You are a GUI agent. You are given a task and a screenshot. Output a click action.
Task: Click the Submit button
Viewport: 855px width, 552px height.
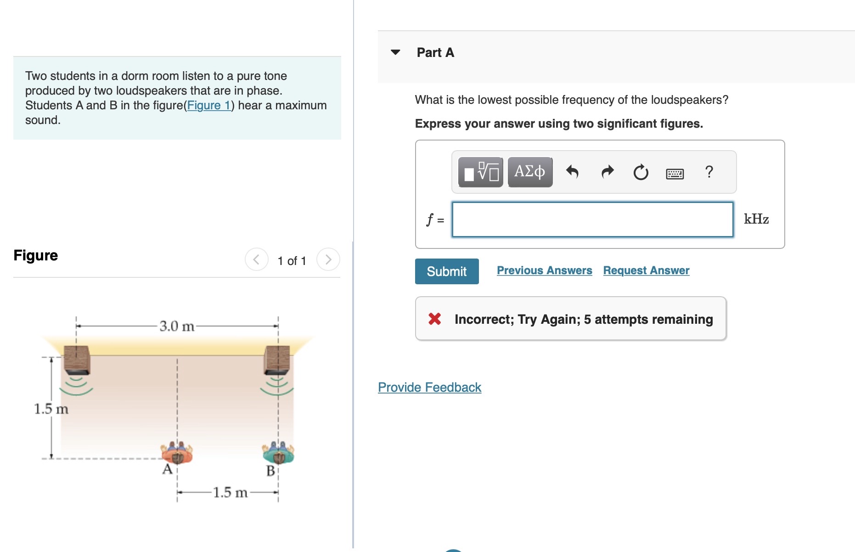[x=446, y=271]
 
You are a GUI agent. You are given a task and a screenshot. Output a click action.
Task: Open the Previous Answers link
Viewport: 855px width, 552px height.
[x=544, y=270]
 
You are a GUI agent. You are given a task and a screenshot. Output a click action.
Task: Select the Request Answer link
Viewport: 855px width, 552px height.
[x=646, y=270]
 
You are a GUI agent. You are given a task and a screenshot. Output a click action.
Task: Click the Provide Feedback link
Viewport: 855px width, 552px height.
[x=429, y=387]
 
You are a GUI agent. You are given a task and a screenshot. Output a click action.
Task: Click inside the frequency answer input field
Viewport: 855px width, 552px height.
[x=592, y=220]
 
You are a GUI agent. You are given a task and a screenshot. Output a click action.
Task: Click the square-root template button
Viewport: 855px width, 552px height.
[x=481, y=172]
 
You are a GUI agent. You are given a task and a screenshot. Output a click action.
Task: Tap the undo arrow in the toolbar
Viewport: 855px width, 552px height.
[x=572, y=172]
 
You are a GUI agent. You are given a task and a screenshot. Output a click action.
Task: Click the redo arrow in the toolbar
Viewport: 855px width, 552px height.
[x=607, y=172]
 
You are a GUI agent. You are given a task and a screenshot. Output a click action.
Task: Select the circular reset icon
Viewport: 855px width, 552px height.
[x=641, y=172]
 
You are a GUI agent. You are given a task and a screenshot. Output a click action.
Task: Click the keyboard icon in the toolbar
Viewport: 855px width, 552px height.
[x=675, y=174]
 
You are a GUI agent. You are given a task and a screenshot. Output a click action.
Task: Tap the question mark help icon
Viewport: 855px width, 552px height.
[x=709, y=172]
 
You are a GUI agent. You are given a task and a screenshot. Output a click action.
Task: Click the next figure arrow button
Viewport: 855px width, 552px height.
[x=328, y=260]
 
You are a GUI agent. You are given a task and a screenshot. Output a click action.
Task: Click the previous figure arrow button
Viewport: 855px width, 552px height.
[x=256, y=260]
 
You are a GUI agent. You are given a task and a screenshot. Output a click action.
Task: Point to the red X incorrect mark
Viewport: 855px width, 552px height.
[x=434, y=319]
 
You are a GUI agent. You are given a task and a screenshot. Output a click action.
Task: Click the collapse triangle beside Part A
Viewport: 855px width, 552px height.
[x=395, y=52]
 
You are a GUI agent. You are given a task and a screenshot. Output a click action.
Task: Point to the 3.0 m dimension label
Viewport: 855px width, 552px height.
[x=177, y=326]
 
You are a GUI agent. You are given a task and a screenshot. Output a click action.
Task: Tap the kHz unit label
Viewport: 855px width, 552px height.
[x=756, y=219]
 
